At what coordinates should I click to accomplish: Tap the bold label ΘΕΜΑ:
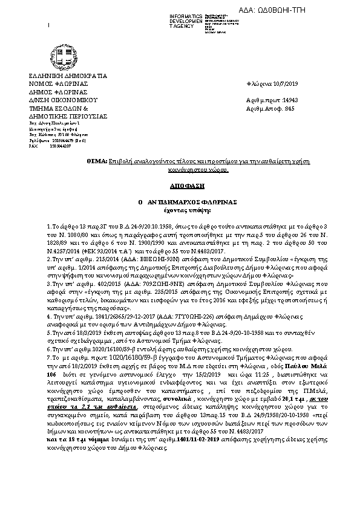point(97,163)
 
